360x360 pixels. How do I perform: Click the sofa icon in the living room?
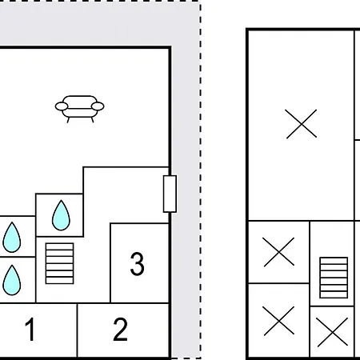pos(79,109)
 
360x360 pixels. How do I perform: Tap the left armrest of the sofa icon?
pos(62,106)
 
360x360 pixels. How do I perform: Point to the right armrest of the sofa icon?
pos(98,106)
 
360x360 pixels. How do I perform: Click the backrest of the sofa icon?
pos(79,100)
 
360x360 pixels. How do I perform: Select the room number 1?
pos(30,329)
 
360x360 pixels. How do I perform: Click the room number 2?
pos(120,329)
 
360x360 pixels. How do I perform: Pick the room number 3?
pos(137,264)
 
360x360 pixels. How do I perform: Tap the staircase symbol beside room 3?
pos(59,263)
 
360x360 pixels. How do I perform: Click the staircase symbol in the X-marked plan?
pos(334,278)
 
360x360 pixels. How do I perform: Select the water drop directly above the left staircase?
pos(61,215)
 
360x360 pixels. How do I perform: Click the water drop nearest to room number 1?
pos(12,280)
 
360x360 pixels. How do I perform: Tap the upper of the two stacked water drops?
pos(12,237)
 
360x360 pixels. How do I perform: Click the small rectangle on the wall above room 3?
pos(170,194)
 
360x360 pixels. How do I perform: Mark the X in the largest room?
pos(302,124)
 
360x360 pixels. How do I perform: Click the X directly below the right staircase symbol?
pos(333,332)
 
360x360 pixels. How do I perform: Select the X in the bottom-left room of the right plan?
pos(278,321)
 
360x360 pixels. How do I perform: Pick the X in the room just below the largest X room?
pos(278,252)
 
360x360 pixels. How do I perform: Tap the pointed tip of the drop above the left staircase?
pos(61,200)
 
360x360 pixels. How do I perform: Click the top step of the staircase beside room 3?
pos(59,246)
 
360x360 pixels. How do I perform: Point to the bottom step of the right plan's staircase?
pos(334,295)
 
